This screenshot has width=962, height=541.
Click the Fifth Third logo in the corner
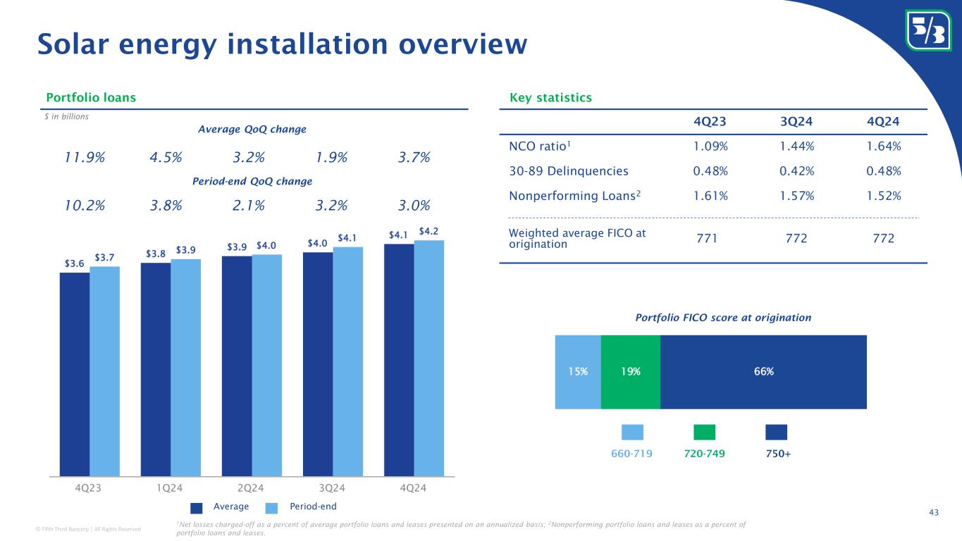coord(927,30)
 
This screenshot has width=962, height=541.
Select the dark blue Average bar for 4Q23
coord(74,373)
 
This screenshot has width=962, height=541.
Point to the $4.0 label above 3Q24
coord(317,243)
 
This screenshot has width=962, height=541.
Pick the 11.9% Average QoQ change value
coord(85,157)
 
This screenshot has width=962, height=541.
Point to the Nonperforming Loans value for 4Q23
coord(708,194)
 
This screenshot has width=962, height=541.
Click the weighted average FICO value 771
coord(708,239)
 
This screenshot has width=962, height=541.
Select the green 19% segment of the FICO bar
coord(630,372)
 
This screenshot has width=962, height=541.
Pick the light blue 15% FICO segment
coord(578,372)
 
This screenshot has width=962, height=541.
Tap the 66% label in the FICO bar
coord(763,372)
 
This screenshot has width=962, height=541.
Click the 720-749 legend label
coord(704,454)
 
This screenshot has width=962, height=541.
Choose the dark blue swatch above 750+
coord(776,432)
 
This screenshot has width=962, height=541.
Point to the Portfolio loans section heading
coord(91,97)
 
